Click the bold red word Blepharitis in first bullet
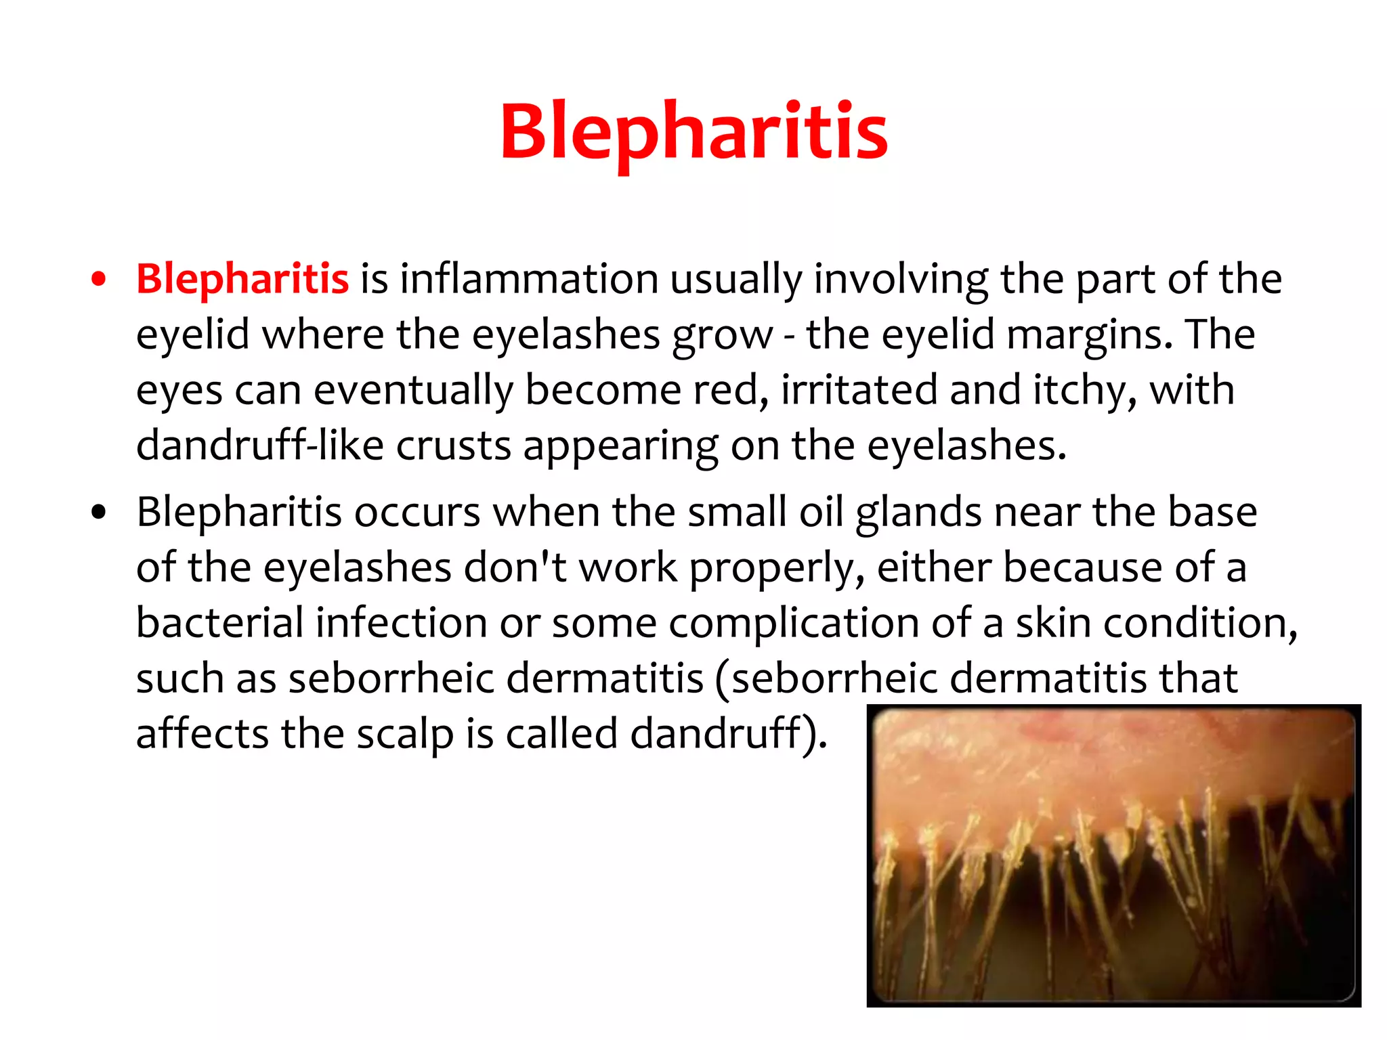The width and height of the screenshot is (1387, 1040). click(x=242, y=278)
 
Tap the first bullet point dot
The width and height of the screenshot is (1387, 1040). click(x=99, y=280)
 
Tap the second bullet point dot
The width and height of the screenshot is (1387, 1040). click(x=99, y=513)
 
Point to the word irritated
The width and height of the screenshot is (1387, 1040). click(x=859, y=390)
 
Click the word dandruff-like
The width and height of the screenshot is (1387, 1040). click(x=259, y=446)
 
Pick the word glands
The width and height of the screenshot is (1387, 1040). click(x=918, y=513)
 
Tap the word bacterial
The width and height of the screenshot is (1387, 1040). click(x=219, y=623)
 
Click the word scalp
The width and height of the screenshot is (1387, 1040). click(x=404, y=734)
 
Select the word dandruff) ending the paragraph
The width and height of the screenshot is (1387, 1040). click(x=728, y=734)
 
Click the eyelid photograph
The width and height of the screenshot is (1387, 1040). click(x=1113, y=856)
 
